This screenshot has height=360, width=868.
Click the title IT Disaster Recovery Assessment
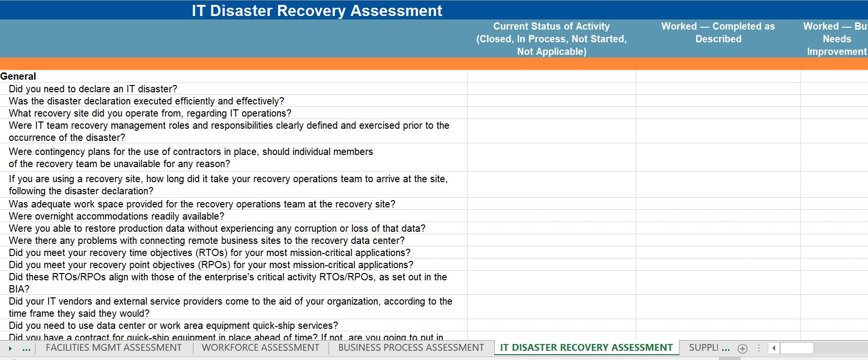(x=317, y=11)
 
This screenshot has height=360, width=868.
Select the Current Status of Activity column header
(x=551, y=39)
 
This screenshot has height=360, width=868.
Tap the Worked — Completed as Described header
(x=718, y=33)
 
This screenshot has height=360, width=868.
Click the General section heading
(x=18, y=76)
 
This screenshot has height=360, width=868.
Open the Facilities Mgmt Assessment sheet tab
(x=114, y=348)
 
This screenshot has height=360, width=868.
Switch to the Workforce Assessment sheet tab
(x=260, y=348)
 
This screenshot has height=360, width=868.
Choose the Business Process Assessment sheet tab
(x=411, y=348)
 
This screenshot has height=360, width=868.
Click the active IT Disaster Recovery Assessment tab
(x=586, y=348)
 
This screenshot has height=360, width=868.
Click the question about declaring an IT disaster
(x=93, y=89)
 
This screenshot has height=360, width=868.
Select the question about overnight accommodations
(x=117, y=216)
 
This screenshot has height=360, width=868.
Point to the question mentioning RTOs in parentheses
(x=209, y=253)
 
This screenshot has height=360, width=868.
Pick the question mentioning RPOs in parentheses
(x=211, y=265)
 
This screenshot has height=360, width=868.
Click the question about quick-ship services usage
(x=174, y=326)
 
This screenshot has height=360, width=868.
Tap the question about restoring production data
(x=217, y=228)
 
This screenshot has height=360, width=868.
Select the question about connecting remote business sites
(x=207, y=240)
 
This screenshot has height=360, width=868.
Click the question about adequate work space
(x=202, y=204)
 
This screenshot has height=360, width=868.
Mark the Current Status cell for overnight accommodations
(x=551, y=216)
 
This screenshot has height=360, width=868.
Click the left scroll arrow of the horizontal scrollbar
(x=774, y=348)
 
